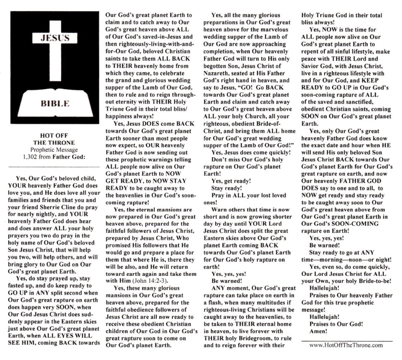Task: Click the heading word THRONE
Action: tap(55, 143)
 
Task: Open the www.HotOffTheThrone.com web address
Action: tap(346, 345)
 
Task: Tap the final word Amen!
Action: tap(318, 331)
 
